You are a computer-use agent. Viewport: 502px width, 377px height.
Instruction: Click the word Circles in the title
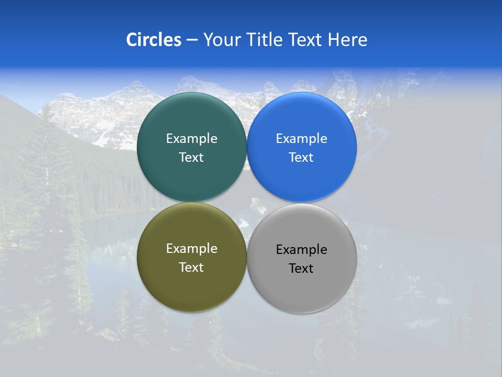(154, 40)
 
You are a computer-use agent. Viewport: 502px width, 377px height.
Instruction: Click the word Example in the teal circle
(191, 139)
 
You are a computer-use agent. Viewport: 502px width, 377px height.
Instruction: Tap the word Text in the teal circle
(191, 158)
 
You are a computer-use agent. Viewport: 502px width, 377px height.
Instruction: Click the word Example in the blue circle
(301, 139)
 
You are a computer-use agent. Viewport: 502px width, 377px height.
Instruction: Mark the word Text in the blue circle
(301, 158)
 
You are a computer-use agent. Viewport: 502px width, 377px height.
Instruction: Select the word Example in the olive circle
(191, 249)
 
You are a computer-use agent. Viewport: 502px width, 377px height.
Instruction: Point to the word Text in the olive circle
(191, 268)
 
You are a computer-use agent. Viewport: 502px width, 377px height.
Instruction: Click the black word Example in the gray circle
(301, 250)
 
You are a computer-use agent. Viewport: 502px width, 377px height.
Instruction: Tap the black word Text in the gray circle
(301, 269)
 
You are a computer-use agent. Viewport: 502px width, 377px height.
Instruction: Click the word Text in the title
(306, 40)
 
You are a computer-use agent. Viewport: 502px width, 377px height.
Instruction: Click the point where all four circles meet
(247, 202)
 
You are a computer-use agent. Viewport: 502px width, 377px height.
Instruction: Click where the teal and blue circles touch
(247, 147)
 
